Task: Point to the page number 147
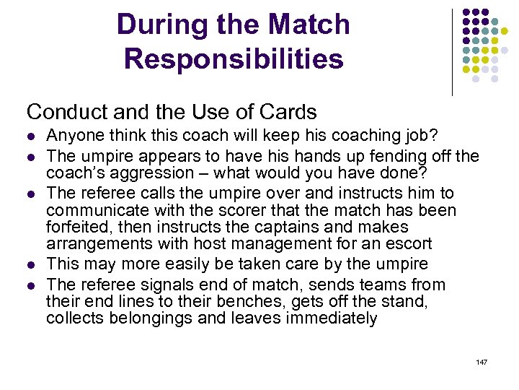[x=482, y=361]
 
